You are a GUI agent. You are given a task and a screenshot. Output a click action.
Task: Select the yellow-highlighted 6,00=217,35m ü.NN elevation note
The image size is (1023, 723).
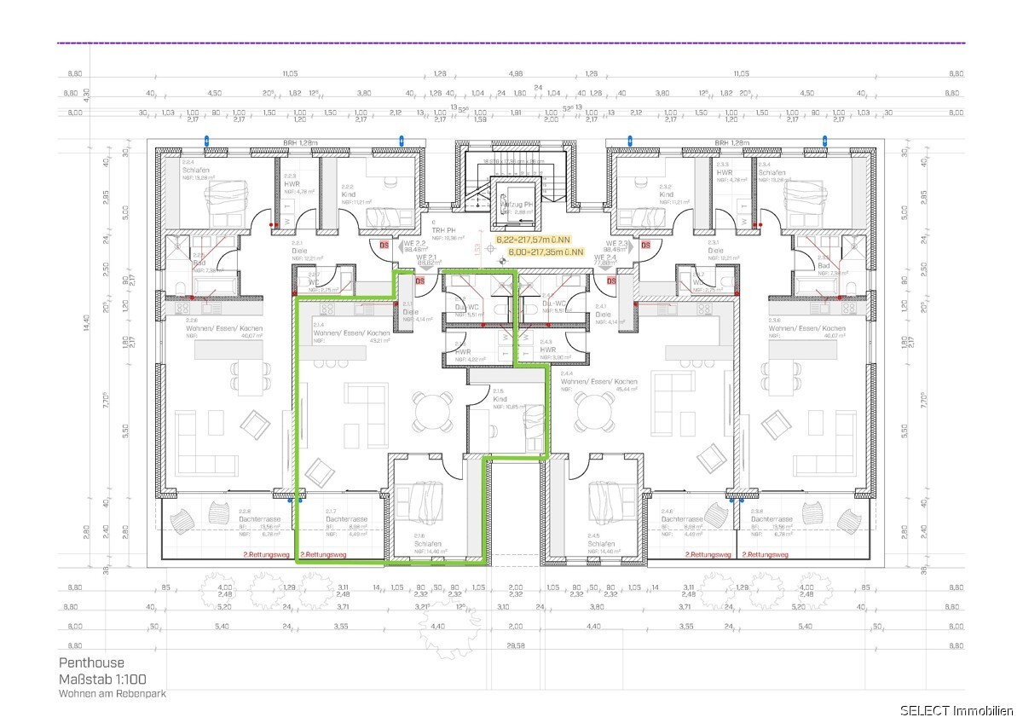click(x=546, y=252)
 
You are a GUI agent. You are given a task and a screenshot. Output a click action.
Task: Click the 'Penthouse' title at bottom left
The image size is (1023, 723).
click(x=91, y=662)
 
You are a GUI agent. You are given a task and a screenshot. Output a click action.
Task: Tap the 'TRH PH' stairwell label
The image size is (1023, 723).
click(x=442, y=229)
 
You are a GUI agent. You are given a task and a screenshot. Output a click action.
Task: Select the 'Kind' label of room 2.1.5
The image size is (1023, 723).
click(x=500, y=399)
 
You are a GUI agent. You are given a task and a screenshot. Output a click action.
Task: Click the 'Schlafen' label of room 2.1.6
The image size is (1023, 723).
click(x=427, y=543)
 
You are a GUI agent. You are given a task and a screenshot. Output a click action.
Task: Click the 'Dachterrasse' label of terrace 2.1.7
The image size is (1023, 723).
click(x=346, y=519)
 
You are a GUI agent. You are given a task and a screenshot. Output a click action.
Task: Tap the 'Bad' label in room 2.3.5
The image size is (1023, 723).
click(x=824, y=265)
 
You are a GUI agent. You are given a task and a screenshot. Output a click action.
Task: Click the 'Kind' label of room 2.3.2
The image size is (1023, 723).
click(x=667, y=194)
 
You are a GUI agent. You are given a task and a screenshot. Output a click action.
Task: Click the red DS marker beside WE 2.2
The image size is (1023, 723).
click(x=384, y=246)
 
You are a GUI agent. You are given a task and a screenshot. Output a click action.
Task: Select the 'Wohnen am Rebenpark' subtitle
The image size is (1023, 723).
click(x=112, y=694)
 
